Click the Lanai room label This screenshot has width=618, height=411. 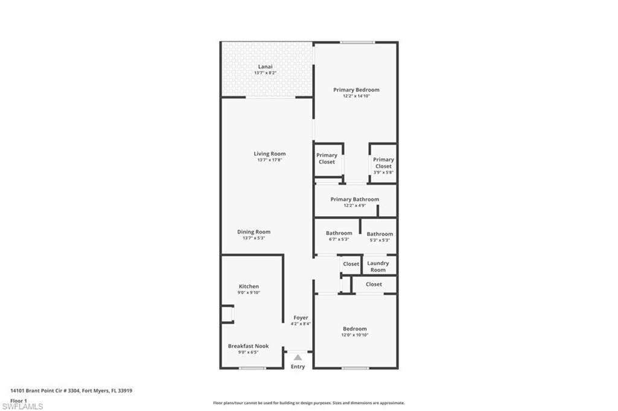[265, 66]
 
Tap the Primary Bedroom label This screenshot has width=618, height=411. [356, 90]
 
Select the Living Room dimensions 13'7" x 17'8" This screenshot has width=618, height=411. [269, 160]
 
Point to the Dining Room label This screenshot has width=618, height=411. [253, 232]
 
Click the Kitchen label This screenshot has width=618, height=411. [249, 286]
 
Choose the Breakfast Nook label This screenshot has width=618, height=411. [248, 346]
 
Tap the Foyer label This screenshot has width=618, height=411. [301, 317]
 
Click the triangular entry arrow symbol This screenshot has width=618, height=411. [298, 357]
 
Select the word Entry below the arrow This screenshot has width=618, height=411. [298, 367]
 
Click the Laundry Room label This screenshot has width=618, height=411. [378, 266]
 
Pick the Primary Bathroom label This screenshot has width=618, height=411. [355, 199]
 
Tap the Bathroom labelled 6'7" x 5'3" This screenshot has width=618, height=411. [339, 233]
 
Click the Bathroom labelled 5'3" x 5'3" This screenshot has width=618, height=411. [380, 234]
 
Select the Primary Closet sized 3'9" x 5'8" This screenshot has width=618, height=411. [383, 163]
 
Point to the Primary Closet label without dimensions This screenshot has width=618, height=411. [327, 158]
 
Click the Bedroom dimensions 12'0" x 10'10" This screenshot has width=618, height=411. [355, 335]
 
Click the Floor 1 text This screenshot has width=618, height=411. [19, 400]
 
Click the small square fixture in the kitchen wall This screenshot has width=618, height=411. [227, 314]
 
